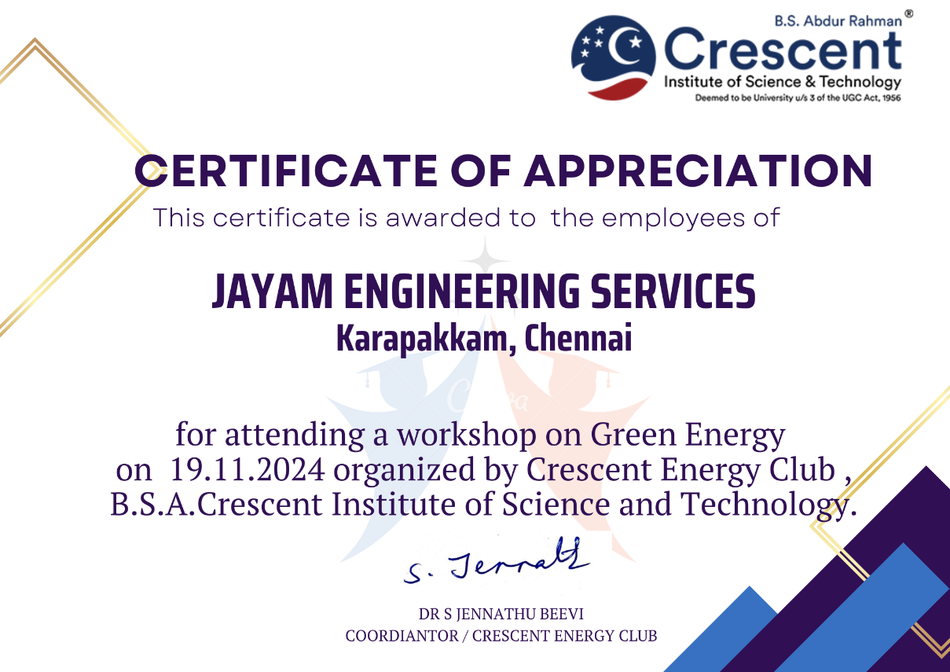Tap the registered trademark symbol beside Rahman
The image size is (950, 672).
pos(909,13)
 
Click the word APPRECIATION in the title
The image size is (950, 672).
pos(698,171)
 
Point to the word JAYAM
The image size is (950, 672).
pos(272,292)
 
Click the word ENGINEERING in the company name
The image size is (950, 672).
pos(461,292)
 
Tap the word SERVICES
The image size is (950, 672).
pos(673,292)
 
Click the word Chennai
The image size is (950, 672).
pos(578,338)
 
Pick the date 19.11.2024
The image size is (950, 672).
pos(248,470)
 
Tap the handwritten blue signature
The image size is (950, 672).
pos(496,561)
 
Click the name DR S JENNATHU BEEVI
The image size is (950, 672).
pos(501,614)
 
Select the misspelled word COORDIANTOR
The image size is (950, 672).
pos(402,636)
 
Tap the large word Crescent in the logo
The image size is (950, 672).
pos(783,50)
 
